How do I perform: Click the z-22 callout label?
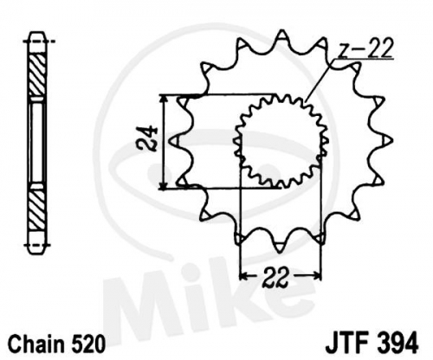point(365,48)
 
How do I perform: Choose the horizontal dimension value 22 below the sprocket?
point(275,277)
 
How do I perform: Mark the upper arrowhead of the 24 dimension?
point(164,99)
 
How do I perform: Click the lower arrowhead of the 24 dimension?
point(164,185)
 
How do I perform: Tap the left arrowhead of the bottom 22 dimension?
point(244,276)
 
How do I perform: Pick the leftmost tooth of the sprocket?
point(176,141)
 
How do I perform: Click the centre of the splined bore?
point(281,140)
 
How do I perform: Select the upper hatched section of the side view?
point(37,75)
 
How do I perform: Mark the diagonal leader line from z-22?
point(320,80)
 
